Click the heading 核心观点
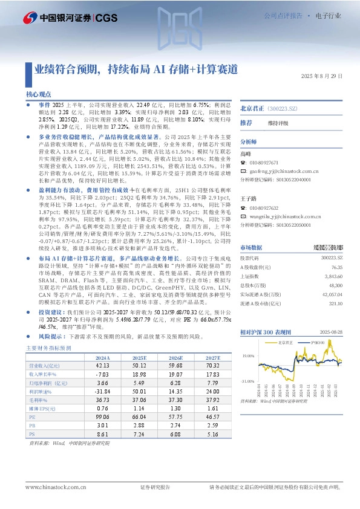pyautogui.click(x=38, y=95)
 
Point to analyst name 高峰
pyautogui.click(x=246, y=154)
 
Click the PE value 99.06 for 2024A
pyautogui.click(x=102, y=417)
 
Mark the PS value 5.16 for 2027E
pyautogui.click(x=212, y=434)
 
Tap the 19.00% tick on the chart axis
pyautogui.click(x=248, y=357)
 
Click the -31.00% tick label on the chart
pyautogui.click(x=247, y=381)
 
